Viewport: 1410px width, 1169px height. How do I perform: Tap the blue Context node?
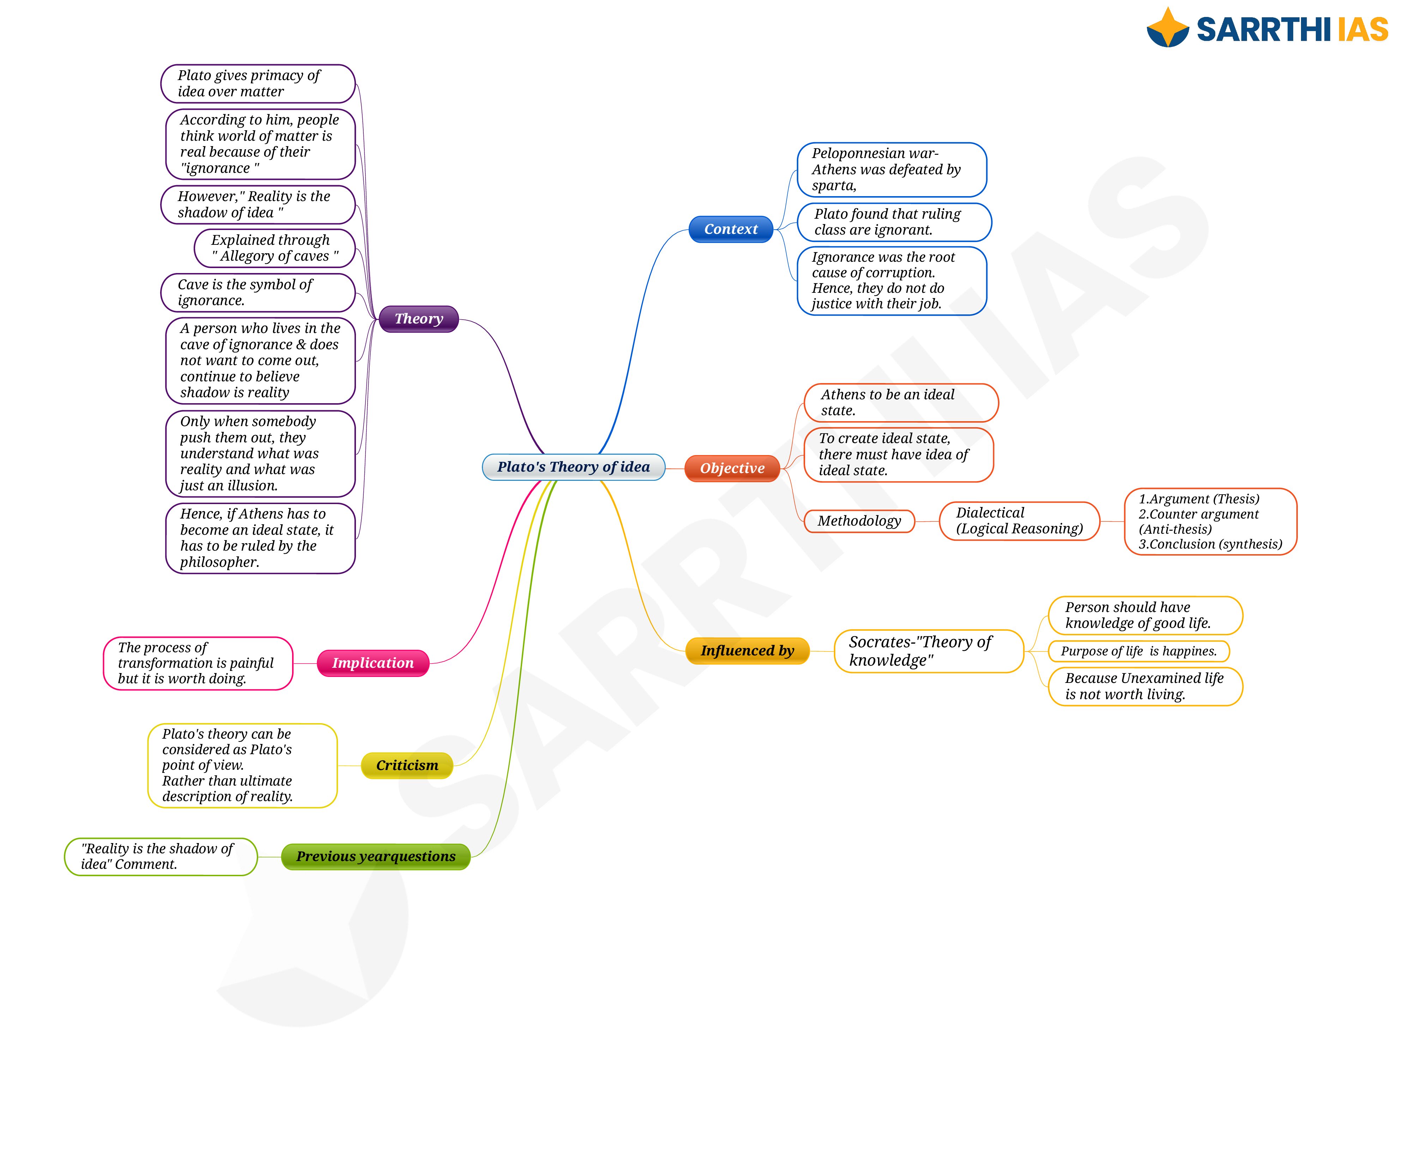pos(731,229)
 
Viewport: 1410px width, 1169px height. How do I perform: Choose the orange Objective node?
pos(732,468)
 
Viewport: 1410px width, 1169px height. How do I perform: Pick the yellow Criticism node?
pos(407,765)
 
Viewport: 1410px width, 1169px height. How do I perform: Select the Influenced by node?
pos(747,650)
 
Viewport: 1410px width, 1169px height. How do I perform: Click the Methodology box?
pos(859,521)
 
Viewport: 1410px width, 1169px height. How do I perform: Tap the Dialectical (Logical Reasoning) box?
pos(1019,521)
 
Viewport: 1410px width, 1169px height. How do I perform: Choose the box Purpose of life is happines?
pos(1139,651)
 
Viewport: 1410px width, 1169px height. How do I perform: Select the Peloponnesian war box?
pos(892,170)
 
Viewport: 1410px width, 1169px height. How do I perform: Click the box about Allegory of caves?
pos(274,248)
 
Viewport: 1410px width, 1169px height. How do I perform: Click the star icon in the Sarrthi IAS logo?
pos(1168,27)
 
